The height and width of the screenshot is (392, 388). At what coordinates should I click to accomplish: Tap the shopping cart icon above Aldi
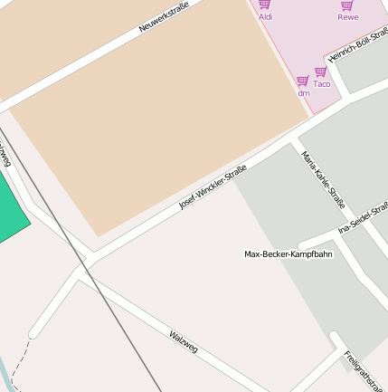pos(265,5)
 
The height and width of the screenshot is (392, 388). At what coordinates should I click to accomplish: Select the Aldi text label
pos(265,16)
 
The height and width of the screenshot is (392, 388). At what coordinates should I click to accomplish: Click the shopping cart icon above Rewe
pos(347,5)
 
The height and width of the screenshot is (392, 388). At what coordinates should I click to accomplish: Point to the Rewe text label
pos(347,16)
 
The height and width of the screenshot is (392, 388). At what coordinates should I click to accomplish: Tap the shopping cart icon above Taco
pos(321,72)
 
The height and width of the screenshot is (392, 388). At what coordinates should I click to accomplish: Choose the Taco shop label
pos(321,83)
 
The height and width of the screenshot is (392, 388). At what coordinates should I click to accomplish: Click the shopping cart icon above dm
pos(303,81)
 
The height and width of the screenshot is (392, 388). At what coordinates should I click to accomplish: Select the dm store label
pos(303,92)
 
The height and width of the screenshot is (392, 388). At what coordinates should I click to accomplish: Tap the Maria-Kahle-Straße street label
pos(323,179)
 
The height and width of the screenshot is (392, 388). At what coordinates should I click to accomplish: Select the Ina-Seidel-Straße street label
pos(364,218)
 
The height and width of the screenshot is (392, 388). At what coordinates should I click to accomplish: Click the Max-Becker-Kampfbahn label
pos(288,254)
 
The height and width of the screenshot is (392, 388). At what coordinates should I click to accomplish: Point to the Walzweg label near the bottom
pos(183,341)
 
